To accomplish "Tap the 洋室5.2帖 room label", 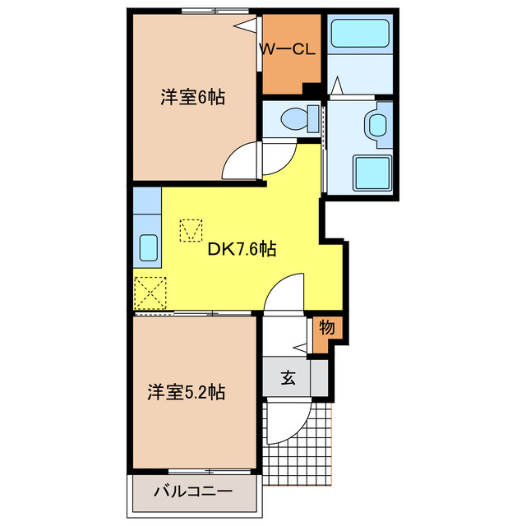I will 187,391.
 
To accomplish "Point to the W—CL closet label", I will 287,49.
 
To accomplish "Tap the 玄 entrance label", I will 288,378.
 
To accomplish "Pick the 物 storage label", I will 326,327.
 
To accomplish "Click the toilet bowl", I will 293,119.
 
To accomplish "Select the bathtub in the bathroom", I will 360,35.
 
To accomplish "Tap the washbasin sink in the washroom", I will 376,126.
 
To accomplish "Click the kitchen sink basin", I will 147,247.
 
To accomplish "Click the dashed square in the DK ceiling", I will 191,231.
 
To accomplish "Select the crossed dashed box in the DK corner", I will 150,292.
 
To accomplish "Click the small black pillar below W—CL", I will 311,90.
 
